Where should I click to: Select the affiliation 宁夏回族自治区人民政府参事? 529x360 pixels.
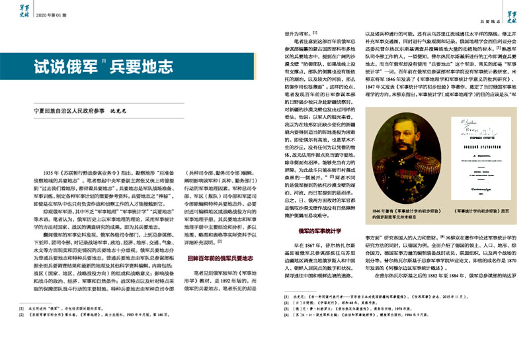point(63,112)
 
